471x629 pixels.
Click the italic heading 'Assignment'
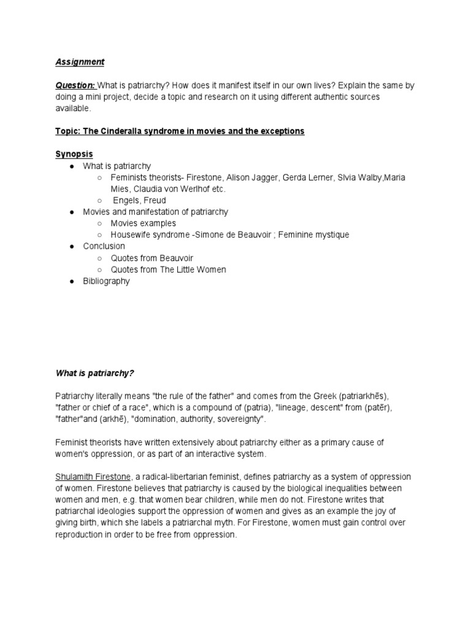(x=80, y=61)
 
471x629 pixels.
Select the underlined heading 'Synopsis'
(x=75, y=154)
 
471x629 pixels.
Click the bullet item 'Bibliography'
(x=106, y=281)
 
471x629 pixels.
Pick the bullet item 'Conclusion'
(x=104, y=246)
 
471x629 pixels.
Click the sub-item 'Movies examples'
(x=143, y=223)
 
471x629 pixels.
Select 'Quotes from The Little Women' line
(x=168, y=269)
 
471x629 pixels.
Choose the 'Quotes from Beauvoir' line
(x=151, y=258)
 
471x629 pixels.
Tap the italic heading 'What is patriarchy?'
(x=94, y=372)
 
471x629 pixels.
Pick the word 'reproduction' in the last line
(x=79, y=534)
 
